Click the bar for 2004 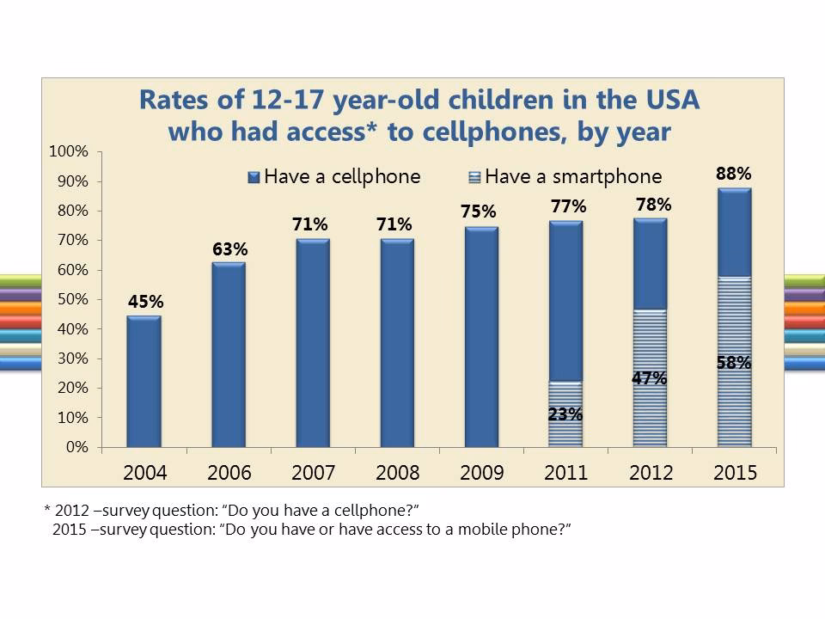(x=144, y=382)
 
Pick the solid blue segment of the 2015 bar (x=734, y=232)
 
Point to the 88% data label (x=734, y=174)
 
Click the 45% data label (x=145, y=302)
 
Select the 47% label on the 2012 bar (x=649, y=378)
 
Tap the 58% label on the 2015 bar (x=734, y=363)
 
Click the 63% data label (x=229, y=249)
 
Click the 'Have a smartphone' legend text (x=573, y=177)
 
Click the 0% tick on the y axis (x=77, y=448)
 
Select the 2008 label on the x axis (x=397, y=474)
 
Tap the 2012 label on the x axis (x=651, y=474)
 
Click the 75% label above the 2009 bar (x=481, y=211)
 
